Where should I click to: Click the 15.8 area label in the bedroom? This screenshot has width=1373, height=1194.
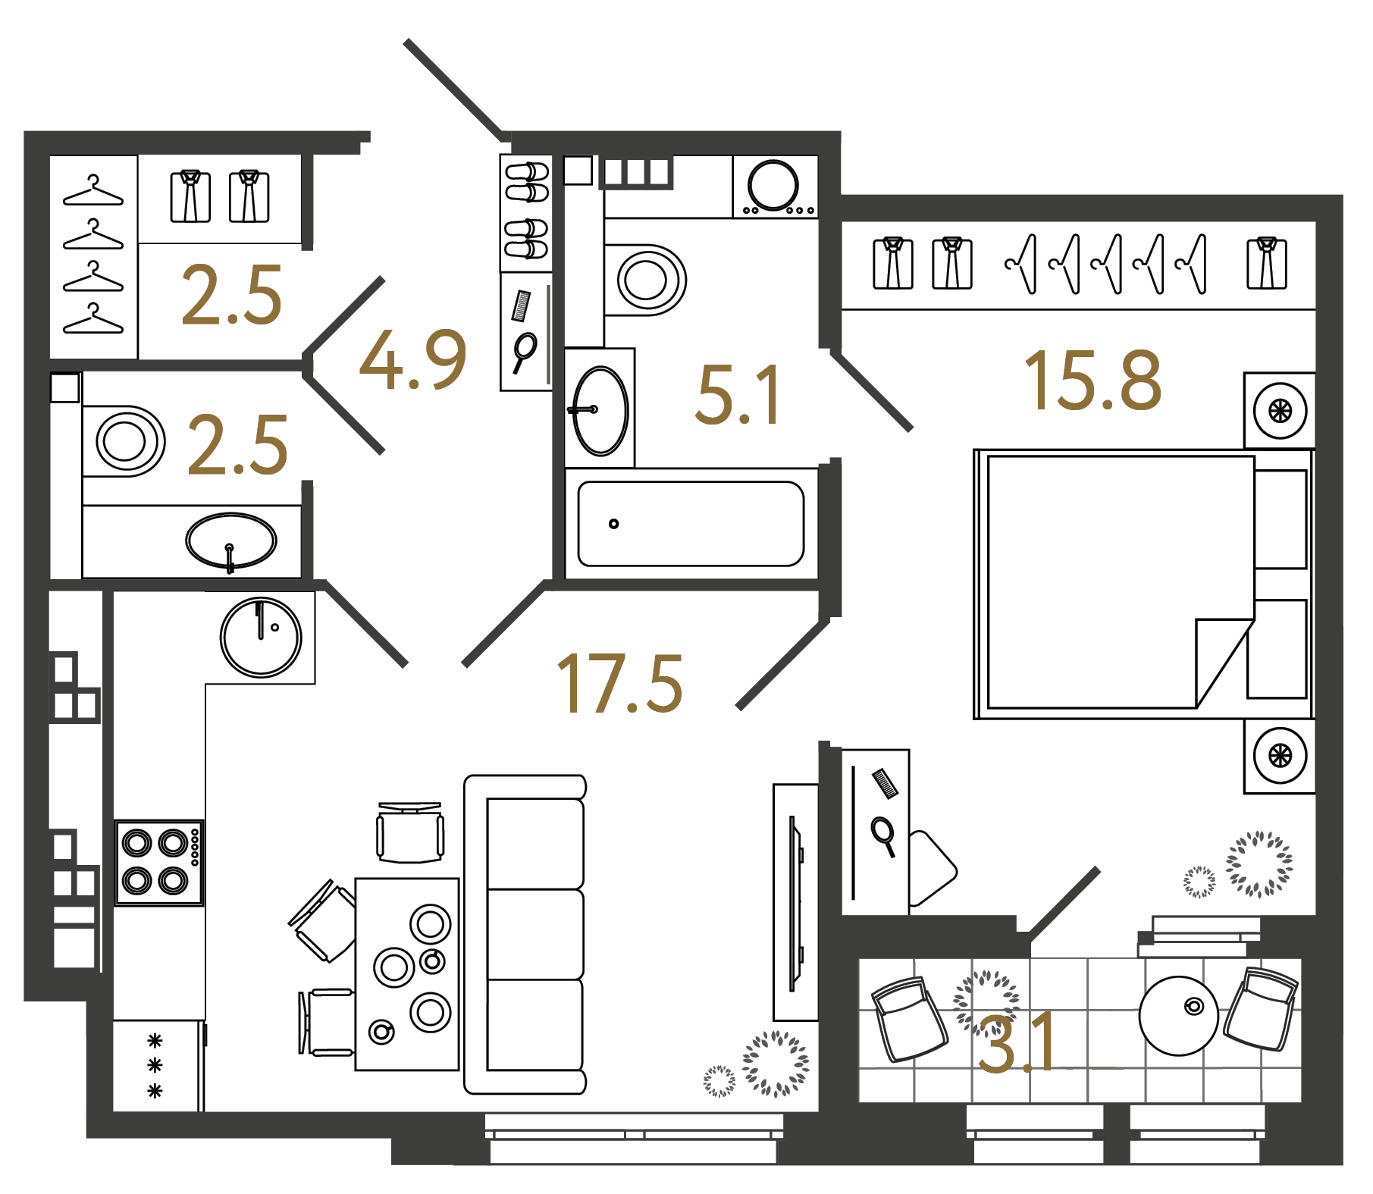(x=1092, y=381)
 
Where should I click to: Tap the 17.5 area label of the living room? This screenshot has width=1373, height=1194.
(x=620, y=684)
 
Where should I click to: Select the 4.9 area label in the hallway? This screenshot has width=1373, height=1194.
(x=412, y=359)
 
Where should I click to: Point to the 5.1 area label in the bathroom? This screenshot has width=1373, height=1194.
(x=738, y=395)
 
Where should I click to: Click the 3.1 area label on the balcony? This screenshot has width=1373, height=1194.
(x=1017, y=1044)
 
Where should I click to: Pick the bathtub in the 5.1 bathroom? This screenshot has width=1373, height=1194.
(x=691, y=524)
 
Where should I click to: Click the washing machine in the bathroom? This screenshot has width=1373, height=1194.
(x=774, y=186)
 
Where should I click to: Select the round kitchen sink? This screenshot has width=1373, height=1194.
(x=261, y=637)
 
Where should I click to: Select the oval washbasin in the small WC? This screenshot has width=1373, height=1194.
(x=231, y=541)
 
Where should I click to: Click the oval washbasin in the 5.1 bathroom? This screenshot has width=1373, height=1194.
(x=600, y=411)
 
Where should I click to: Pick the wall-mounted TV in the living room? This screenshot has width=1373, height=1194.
(x=795, y=902)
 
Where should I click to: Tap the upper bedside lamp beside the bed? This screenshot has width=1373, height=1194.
(x=1280, y=411)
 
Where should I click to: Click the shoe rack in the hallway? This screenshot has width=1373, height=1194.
(x=526, y=213)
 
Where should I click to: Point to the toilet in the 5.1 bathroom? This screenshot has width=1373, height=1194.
(x=648, y=279)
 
